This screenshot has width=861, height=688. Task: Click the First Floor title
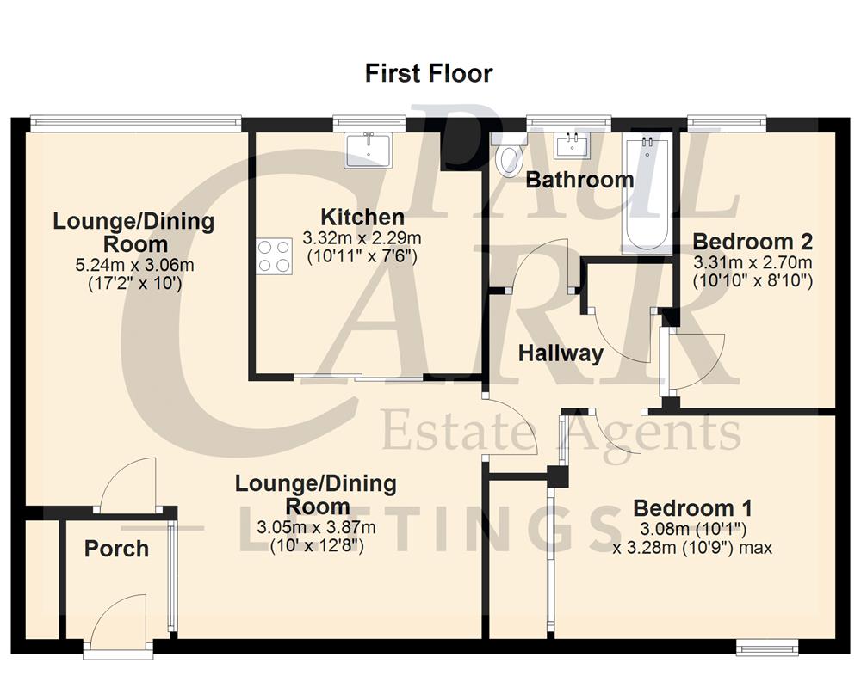(x=429, y=73)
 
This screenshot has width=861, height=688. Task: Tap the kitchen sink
(x=369, y=150)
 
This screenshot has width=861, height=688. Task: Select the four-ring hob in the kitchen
(x=274, y=256)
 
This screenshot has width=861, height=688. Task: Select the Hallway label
(x=560, y=353)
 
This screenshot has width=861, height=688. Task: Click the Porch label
(x=116, y=549)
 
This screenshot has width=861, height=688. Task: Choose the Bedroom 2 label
(x=753, y=241)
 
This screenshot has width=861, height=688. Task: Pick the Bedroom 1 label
(x=692, y=507)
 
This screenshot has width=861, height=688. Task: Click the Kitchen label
(x=362, y=217)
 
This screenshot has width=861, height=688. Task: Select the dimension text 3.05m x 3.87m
(x=316, y=526)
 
